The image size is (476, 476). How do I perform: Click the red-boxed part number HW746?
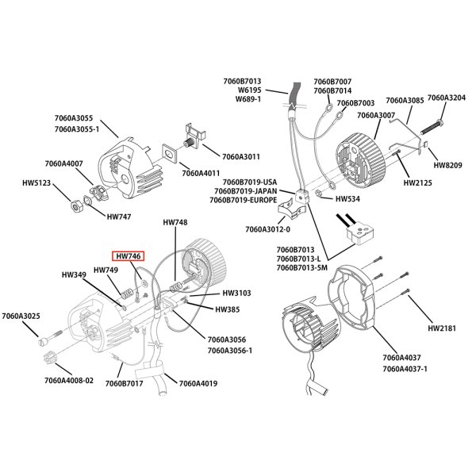tap(129, 256)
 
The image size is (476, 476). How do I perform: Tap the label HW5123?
tap(38, 182)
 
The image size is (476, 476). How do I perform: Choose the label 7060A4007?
tap(64, 163)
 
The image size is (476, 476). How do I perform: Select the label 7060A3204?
tap(447, 98)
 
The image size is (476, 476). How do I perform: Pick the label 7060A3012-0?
tap(269, 229)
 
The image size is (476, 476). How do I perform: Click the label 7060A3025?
tap(20, 317)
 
